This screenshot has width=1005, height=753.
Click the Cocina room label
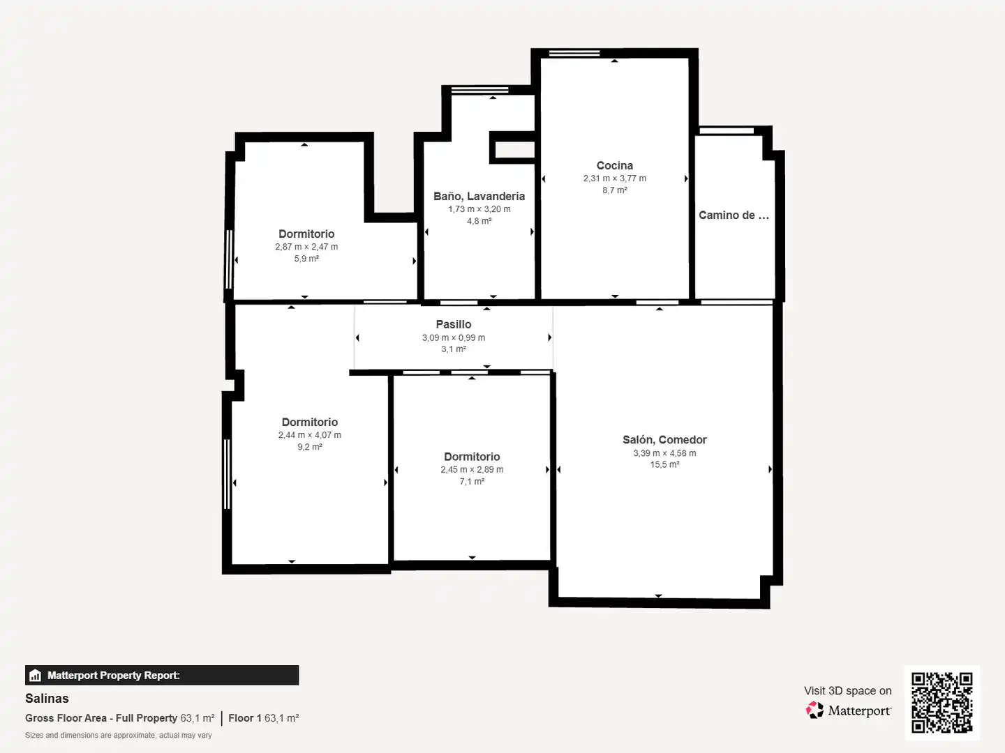point(614,165)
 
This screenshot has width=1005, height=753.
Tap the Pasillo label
point(453,324)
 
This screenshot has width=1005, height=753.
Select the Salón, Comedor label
point(664,440)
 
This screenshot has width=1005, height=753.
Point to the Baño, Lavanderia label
point(479,197)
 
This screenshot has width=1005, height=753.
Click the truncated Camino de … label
point(734,215)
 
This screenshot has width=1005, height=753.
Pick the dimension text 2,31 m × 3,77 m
point(614,178)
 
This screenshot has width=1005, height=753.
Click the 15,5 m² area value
point(664,464)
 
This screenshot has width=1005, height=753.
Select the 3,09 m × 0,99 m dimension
point(453,337)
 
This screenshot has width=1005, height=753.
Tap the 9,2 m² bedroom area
point(309,447)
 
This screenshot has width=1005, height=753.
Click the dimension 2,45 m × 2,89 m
point(472,469)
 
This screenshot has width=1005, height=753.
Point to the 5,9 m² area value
point(306,258)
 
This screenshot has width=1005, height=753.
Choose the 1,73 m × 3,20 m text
point(479,209)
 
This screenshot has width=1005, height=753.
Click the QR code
point(941,702)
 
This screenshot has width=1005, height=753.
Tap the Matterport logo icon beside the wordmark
point(814,710)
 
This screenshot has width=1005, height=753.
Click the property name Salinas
point(47,699)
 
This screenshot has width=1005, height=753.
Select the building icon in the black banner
point(36,676)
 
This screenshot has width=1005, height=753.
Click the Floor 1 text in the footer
point(245,718)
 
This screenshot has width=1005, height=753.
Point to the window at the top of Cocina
point(574,53)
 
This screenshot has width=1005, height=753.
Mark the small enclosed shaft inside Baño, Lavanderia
point(514,147)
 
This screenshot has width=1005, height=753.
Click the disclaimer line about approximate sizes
point(118,735)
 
